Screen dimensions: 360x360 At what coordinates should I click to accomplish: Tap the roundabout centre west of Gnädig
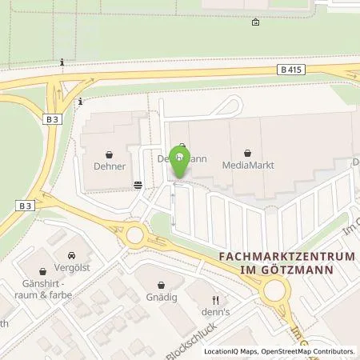tap(135, 235)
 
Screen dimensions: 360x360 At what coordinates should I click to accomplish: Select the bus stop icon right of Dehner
tap(138, 183)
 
